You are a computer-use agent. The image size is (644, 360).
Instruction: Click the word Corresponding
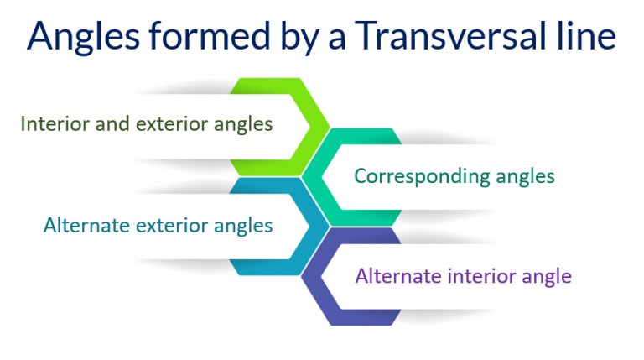click(x=415, y=177)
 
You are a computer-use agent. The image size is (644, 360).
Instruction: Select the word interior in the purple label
click(x=476, y=275)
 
